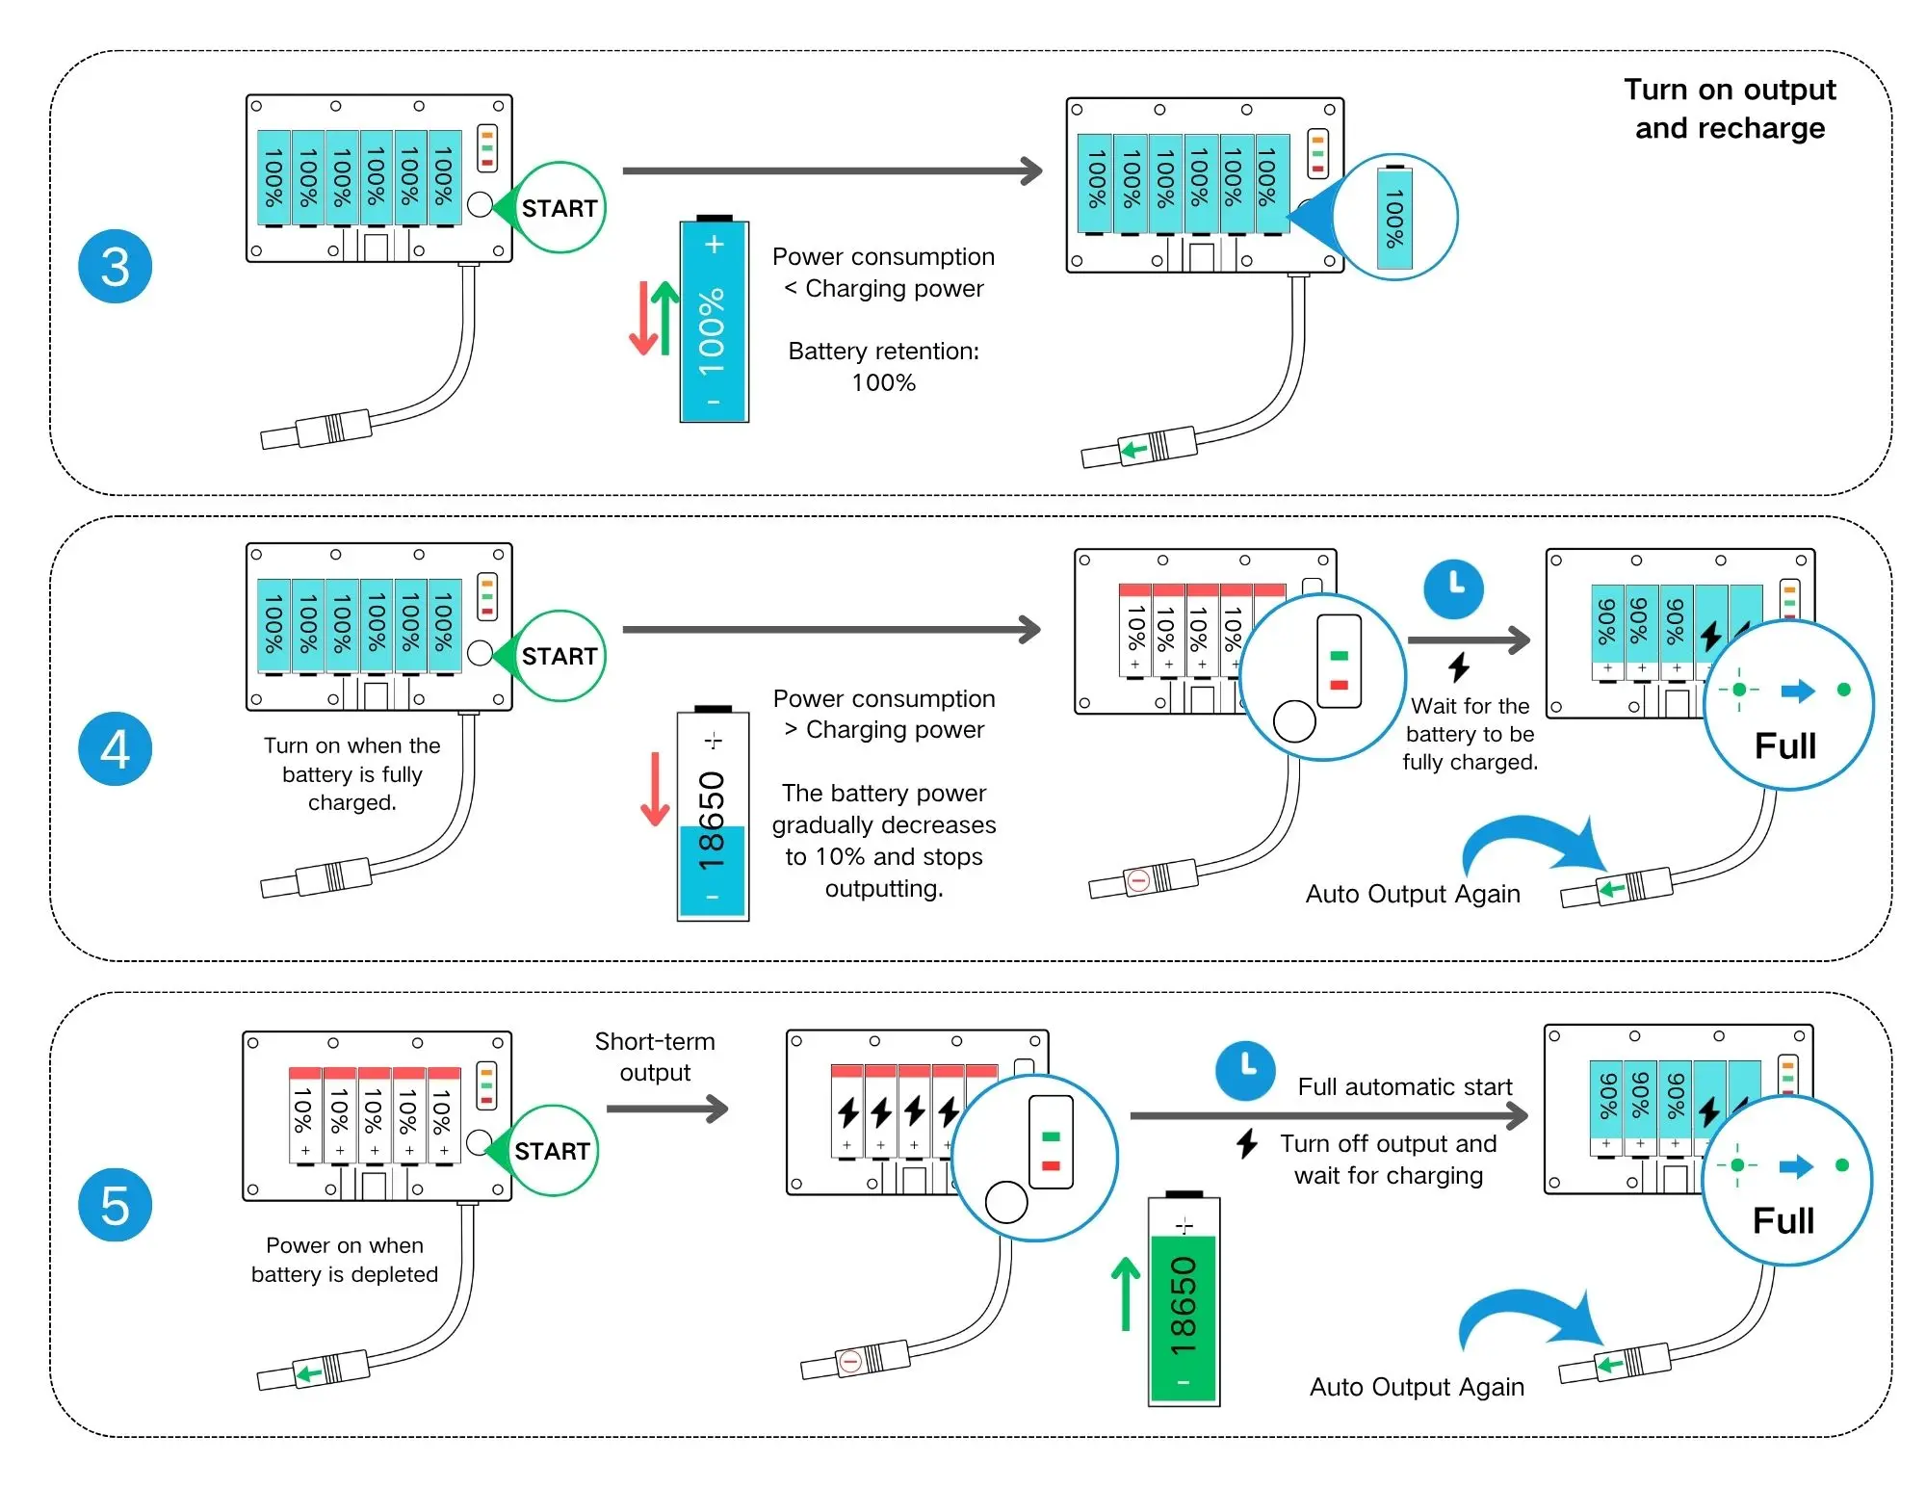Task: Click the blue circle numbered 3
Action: [115, 267]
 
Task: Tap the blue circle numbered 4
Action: [115, 749]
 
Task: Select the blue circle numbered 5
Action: [115, 1205]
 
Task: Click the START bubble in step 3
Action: [560, 208]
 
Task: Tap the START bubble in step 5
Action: [552, 1151]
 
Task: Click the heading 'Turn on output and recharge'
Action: [1730, 109]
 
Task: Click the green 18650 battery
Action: [1184, 1301]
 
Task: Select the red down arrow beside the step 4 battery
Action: [655, 789]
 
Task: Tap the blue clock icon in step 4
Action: [1454, 588]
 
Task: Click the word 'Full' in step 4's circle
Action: [1785, 746]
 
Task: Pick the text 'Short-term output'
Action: [655, 1057]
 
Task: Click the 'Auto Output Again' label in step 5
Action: [1417, 1387]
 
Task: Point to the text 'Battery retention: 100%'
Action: [883, 367]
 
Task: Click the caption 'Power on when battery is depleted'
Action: [345, 1260]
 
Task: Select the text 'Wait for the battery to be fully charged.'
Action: [1470, 734]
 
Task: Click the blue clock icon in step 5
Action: [1245, 1070]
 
